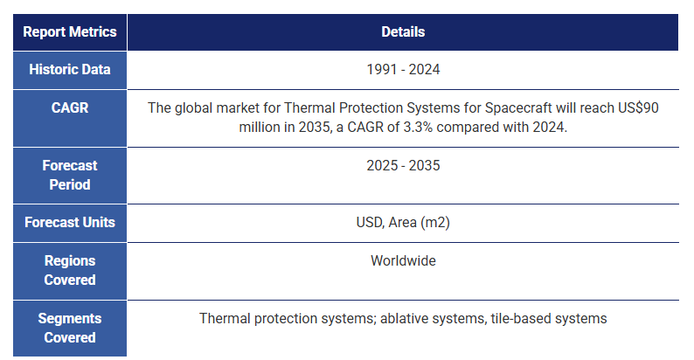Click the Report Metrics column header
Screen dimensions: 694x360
pyautogui.click(x=70, y=31)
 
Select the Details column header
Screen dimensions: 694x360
pyautogui.click(x=403, y=31)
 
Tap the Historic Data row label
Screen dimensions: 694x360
pyautogui.click(x=70, y=69)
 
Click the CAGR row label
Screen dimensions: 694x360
pyautogui.click(x=70, y=107)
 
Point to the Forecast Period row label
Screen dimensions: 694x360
pyautogui.click(x=70, y=175)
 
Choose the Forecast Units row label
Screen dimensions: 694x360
pyautogui.click(x=70, y=222)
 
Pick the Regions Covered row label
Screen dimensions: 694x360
pyautogui.click(x=70, y=270)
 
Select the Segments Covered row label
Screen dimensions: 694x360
pyautogui.click(x=70, y=328)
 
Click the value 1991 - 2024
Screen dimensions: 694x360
pyautogui.click(x=403, y=69)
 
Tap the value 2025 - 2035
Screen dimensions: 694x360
pyautogui.click(x=403, y=165)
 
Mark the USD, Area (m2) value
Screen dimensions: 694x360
pyautogui.click(x=403, y=222)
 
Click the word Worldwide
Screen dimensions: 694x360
pyautogui.click(x=403, y=260)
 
